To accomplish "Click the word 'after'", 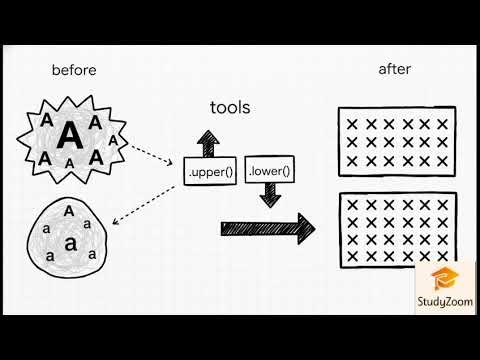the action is click(x=395, y=69).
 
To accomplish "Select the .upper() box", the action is click(x=210, y=172).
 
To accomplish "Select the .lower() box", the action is click(x=269, y=171).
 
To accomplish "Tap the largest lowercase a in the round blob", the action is click(x=69, y=243).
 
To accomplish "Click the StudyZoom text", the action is click(x=439, y=302).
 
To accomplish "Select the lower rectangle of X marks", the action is click(x=397, y=229).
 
